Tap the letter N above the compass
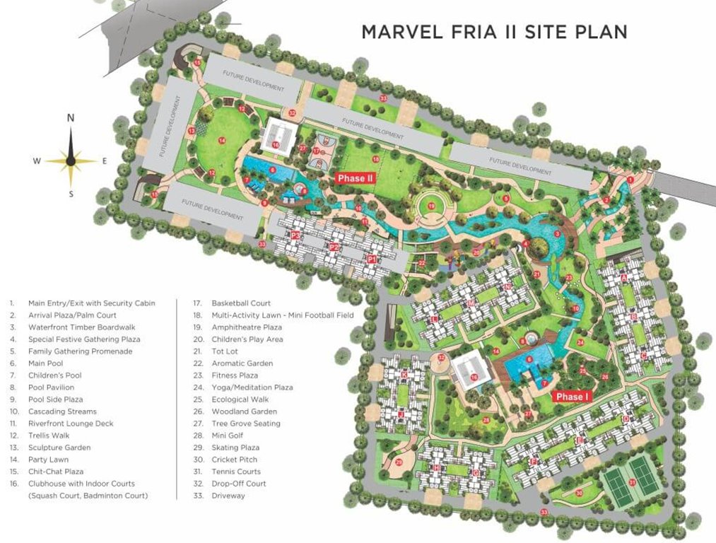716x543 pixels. [71, 118]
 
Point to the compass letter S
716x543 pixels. [71, 194]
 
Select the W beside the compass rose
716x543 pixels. [37, 161]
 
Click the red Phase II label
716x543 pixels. [355, 178]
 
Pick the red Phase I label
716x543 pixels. [571, 396]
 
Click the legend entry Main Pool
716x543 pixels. [45, 363]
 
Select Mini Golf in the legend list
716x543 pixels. [228, 436]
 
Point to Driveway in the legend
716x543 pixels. [228, 496]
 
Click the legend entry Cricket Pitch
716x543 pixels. [234, 460]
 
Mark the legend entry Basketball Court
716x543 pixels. [241, 303]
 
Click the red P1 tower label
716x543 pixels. [372, 259]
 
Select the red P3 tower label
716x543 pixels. [295, 235]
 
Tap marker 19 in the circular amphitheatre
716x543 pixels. [430, 206]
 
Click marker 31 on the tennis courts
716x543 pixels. [633, 482]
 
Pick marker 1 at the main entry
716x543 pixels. [630, 180]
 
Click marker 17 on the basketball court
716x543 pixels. [317, 151]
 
